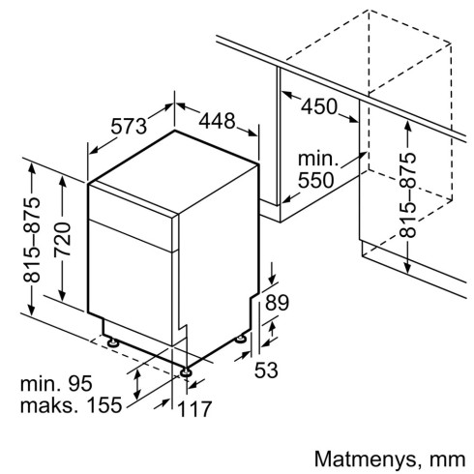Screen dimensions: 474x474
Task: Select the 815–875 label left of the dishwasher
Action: coord(32,237)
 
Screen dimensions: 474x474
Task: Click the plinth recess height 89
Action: coord(277,303)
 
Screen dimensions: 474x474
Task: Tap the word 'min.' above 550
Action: coord(314,160)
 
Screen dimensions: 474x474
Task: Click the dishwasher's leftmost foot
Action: coord(114,341)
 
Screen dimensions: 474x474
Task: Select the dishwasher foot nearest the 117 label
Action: coord(185,369)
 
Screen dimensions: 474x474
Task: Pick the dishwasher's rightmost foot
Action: coord(240,340)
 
